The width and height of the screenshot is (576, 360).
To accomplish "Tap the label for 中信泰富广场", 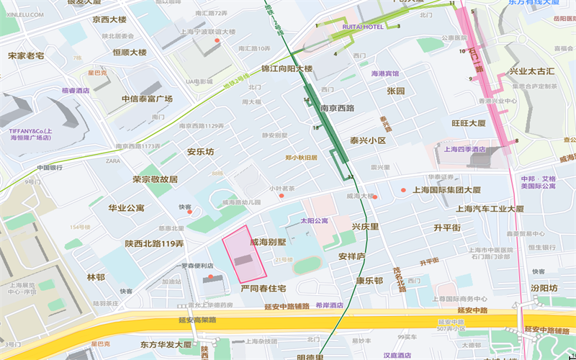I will click(x=147, y=99).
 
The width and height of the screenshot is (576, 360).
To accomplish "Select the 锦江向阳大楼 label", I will click(x=287, y=69).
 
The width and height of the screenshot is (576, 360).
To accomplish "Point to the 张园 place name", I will click(x=396, y=91).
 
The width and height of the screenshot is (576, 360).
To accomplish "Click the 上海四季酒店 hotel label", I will click(x=465, y=150).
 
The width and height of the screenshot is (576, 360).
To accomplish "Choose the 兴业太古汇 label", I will click(x=532, y=71).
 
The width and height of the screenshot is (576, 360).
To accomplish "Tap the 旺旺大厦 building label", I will click(x=469, y=123).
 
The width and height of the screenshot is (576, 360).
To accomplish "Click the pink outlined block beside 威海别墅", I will click(x=243, y=258).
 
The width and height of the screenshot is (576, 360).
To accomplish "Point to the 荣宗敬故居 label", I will click(x=155, y=179).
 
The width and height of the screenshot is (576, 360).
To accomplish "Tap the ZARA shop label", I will click(x=113, y=161).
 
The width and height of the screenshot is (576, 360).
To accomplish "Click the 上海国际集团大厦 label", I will click(x=446, y=190).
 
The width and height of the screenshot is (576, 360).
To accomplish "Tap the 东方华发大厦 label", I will click(x=166, y=344).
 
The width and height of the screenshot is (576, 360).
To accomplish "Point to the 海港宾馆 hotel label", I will click(x=384, y=73).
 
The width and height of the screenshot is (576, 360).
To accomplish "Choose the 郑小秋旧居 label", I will click(x=301, y=157).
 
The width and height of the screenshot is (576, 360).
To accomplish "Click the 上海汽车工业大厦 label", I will click(x=490, y=208).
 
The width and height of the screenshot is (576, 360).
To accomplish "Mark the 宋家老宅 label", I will click(x=26, y=55).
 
